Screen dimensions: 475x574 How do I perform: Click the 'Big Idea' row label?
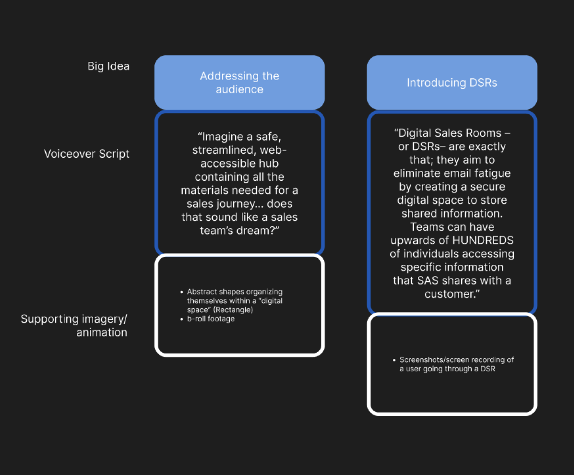coord(108,66)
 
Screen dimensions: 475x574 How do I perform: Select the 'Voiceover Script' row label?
coord(87,154)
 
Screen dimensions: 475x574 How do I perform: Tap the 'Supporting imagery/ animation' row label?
coord(74,325)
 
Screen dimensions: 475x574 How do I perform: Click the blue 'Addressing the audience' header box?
coord(239,82)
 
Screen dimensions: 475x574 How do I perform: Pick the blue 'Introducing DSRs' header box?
coord(452,82)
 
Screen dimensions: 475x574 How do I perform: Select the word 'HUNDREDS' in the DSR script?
coord(483,241)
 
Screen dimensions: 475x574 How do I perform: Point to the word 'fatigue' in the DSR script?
coord(492,173)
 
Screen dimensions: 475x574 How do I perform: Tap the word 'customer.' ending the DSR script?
coord(451,294)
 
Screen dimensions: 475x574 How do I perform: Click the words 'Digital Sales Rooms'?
coord(450,133)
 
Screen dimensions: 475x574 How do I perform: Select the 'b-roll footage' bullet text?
coord(211,319)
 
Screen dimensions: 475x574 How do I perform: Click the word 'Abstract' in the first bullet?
coord(202,292)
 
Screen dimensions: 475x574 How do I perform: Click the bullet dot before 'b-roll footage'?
coord(181,319)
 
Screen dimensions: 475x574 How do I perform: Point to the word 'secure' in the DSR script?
coord(488,187)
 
